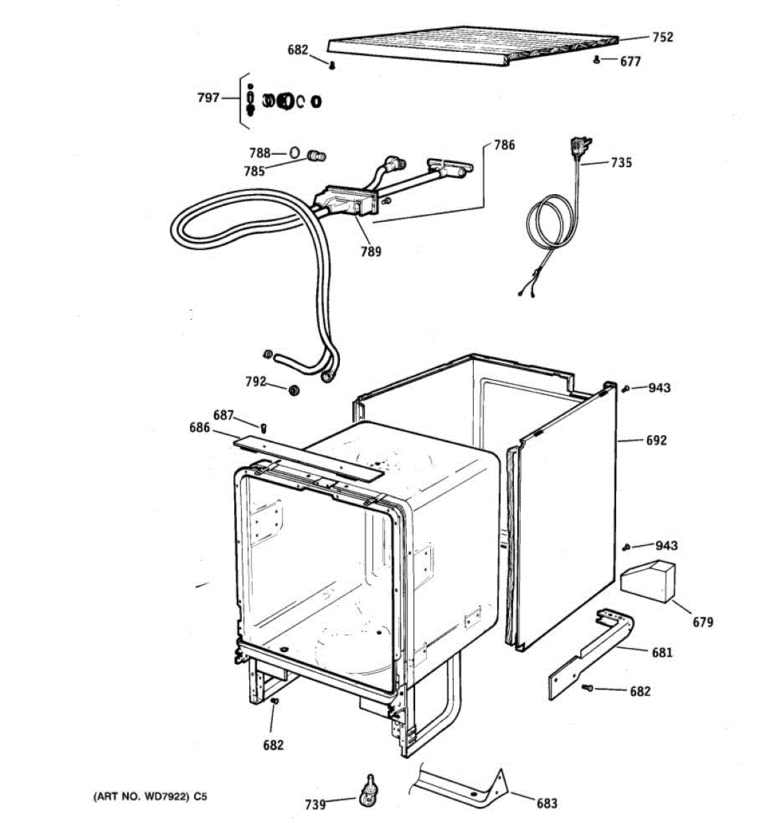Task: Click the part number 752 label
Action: pyautogui.click(x=662, y=37)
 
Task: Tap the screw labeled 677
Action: pyautogui.click(x=596, y=60)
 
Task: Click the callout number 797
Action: pyautogui.click(x=208, y=97)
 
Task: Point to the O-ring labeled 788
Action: pyautogui.click(x=294, y=152)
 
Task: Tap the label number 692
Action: pyautogui.click(x=656, y=440)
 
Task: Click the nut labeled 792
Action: pyautogui.click(x=293, y=391)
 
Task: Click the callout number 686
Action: pyautogui.click(x=200, y=428)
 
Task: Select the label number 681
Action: pyautogui.click(x=662, y=651)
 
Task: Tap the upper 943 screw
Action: pyautogui.click(x=625, y=388)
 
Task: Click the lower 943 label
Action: pyautogui.click(x=666, y=546)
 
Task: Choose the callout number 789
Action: pyautogui.click(x=371, y=251)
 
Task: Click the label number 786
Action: pyautogui.click(x=504, y=145)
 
